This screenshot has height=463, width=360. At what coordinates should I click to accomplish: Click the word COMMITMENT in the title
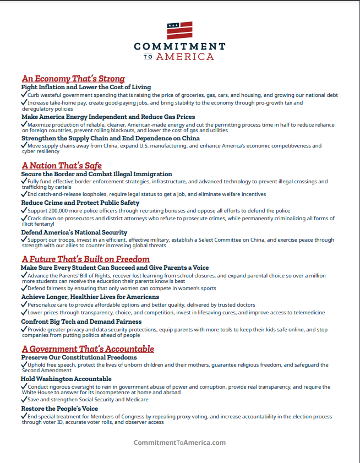[179, 46]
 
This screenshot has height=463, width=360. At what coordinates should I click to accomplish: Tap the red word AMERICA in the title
[185, 56]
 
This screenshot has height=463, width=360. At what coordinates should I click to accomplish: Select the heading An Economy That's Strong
[73, 79]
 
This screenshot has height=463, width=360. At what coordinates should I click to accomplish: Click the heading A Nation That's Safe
[62, 166]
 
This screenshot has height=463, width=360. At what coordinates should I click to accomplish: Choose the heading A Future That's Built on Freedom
[85, 259]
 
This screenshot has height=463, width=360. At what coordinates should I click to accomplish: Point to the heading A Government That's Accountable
[88, 349]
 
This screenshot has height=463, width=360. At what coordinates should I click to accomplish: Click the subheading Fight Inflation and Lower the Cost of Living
[86, 87]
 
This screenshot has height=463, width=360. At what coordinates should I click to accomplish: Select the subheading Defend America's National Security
[74, 232]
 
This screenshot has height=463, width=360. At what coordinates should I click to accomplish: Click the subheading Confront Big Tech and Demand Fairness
[81, 322]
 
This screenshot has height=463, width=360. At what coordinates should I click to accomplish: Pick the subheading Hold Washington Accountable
[67, 379]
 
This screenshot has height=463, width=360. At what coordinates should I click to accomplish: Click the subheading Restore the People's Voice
[60, 409]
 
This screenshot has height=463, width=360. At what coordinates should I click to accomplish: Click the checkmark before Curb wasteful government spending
[24, 95]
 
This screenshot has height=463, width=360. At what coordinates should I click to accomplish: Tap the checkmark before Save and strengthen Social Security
[24, 400]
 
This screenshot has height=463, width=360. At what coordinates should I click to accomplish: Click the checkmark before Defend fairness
[24, 288]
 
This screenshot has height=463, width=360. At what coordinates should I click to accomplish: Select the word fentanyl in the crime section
[46, 224]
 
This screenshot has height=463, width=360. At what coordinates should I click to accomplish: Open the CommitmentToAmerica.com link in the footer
[179, 443]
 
